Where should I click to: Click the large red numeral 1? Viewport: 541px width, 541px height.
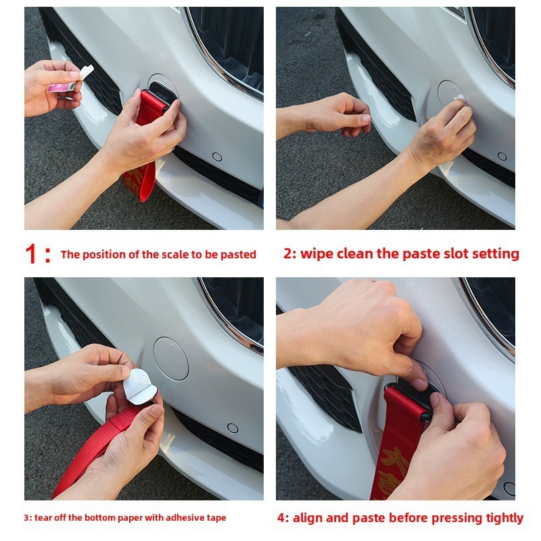click(31, 254)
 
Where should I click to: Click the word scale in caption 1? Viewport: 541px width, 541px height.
click(176, 255)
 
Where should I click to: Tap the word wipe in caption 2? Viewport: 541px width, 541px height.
click(316, 254)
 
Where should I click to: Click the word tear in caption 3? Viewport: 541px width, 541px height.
click(42, 517)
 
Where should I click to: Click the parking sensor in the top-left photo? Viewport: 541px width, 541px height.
click(217, 157)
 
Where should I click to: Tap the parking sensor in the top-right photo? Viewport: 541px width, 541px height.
click(502, 157)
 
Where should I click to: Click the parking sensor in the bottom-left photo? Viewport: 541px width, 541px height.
click(233, 428)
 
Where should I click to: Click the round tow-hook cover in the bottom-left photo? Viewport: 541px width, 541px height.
click(171, 358)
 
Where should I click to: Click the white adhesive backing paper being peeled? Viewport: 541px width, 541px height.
click(139, 385)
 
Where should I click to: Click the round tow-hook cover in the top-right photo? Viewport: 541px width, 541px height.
click(451, 94)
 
